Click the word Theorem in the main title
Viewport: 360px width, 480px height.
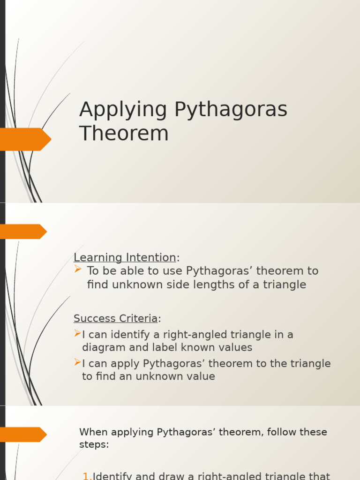pyautogui.click(x=124, y=133)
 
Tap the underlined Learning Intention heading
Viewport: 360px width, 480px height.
pyautogui.click(x=125, y=257)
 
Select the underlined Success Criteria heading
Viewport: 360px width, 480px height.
pyautogui.click(x=115, y=319)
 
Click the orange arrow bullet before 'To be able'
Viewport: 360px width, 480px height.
pyautogui.click(x=78, y=269)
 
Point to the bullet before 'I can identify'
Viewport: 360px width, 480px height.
pyautogui.click(x=77, y=334)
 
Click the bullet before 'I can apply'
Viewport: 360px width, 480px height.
pyautogui.click(x=77, y=362)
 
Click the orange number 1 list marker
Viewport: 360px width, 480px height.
pyautogui.click(x=87, y=476)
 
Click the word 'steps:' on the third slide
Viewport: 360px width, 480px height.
pyautogui.click(x=94, y=444)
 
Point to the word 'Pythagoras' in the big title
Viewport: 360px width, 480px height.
pyautogui.click(x=231, y=110)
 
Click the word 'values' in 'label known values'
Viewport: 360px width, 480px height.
pyautogui.click(x=233, y=347)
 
